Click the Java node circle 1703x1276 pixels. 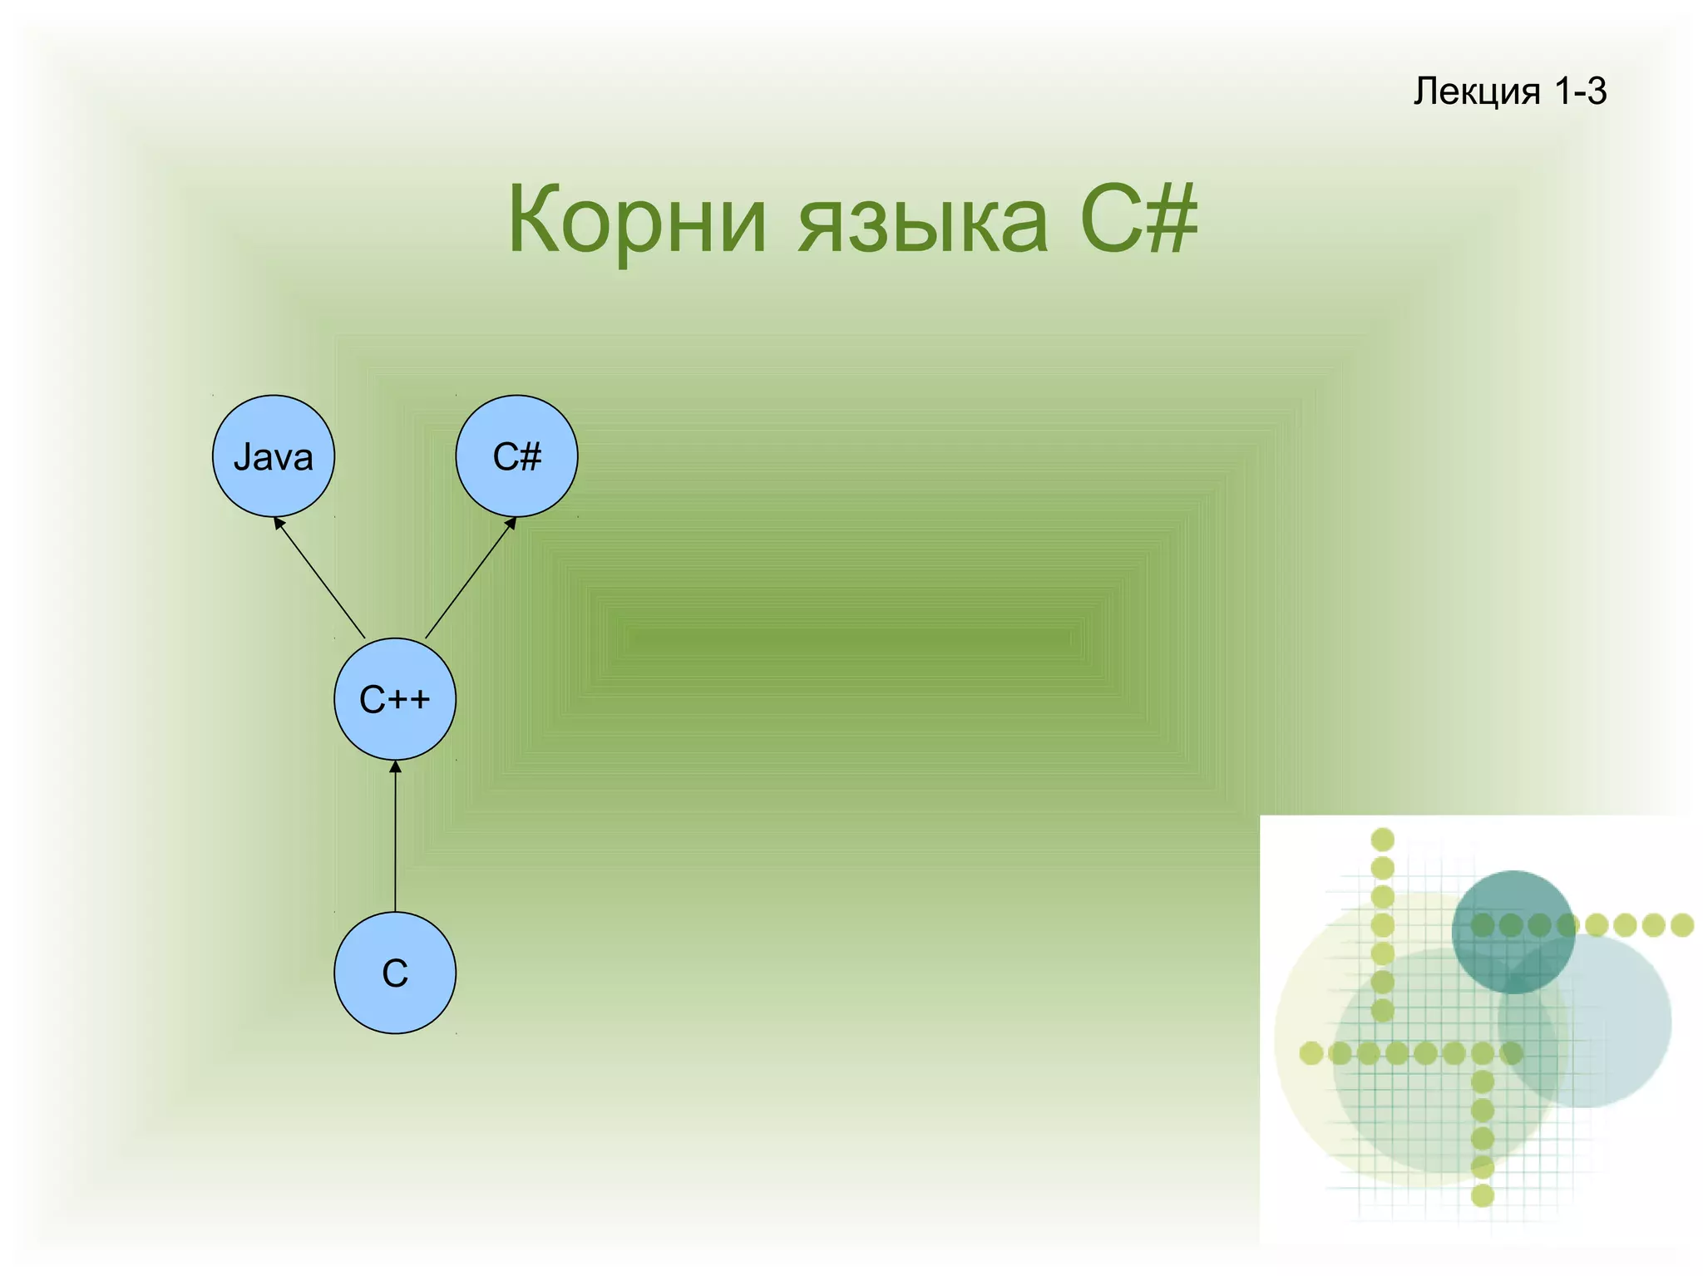click(274, 456)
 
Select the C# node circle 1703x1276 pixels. click(516, 456)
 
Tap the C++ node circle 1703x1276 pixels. click(395, 699)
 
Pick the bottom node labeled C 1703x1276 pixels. click(395, 973)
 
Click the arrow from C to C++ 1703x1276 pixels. click(395, 840)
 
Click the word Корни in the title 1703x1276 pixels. click(636, 221)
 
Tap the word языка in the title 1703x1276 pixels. click(923, 221)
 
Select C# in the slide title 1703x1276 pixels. click(1139, 219)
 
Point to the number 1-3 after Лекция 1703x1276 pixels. click(1580, 91)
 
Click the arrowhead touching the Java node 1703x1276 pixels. click(279, 524)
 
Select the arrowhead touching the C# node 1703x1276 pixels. click(511, 524)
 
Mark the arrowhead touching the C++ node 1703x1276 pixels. click(395, 766)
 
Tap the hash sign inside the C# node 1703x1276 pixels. click(530, 456)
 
